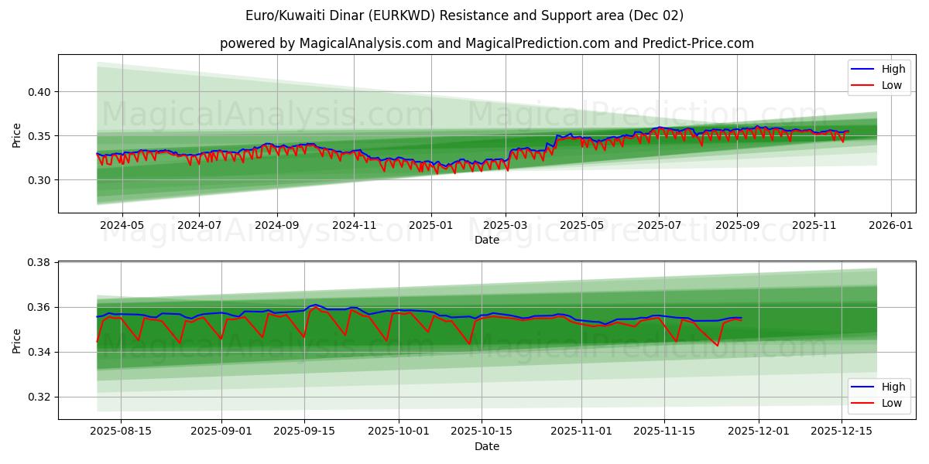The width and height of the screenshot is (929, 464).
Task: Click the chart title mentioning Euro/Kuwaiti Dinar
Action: pos(464,15)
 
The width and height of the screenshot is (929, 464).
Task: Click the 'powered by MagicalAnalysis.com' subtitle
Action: pos(486,43)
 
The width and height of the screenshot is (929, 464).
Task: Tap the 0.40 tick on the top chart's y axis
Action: pos(39,92)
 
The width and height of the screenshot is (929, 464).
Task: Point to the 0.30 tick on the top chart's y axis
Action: pos(39,180)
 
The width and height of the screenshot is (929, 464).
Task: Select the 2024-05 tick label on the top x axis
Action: pos(122,225)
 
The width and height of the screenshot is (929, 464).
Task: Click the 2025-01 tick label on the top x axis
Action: pos(430,225)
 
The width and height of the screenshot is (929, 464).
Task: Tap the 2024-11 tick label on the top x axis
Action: pos(354,225)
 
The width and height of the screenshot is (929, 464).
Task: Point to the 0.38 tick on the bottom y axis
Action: pos(39,263)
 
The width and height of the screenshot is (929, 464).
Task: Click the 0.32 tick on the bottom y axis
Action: pos(39,397)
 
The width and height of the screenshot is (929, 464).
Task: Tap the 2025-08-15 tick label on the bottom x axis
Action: pos(121,432)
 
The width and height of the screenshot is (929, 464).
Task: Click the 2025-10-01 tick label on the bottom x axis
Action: pos(399,432)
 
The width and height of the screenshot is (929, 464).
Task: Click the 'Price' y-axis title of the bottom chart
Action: pos(17,341)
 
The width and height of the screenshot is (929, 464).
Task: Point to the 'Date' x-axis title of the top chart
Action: pos(486,240)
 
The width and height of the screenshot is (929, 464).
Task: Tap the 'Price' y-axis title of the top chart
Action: pos(17,135)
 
